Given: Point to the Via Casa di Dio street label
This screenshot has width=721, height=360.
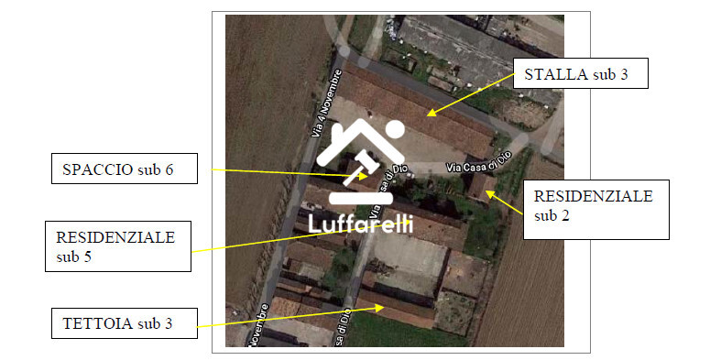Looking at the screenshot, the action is click(476, 163).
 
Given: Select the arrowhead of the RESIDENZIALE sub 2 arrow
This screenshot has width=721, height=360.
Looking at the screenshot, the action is click(487, 191).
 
